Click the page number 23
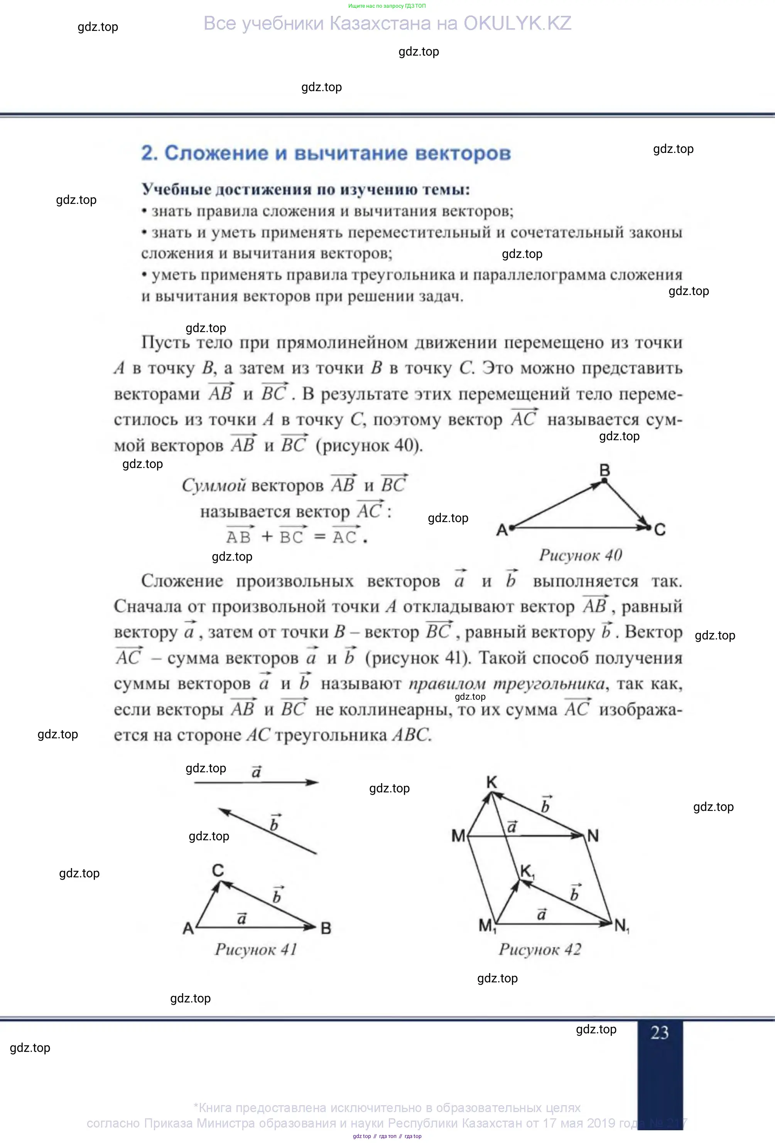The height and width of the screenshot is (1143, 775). [x=660, y=1032]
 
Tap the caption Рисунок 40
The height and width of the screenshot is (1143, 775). [x=581, y=555]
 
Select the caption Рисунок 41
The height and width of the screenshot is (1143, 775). [x=256, y=949]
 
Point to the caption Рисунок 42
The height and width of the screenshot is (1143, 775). [x=540, y=949]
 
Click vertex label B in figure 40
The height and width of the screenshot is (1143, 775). [x=604, y=470]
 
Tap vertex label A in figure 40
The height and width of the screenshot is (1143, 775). [x=501, y=530]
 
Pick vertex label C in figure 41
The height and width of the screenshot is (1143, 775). [x=218, y=870]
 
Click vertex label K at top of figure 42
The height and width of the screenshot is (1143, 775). [x=491, y=782]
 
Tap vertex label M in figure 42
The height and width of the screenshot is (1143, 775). [x=458, y=836]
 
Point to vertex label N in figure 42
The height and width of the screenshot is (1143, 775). [x=593, y=836]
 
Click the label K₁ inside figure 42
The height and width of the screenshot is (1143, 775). [x=527, y=872]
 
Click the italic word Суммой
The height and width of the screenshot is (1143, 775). [x=214, y=485]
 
